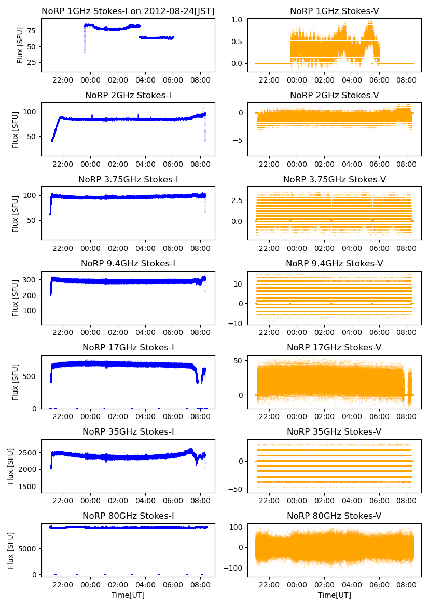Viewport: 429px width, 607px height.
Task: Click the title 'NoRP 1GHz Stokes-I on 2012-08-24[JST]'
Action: coord(128,11)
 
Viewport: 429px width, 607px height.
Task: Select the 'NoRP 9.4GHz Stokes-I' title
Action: coord(128,263)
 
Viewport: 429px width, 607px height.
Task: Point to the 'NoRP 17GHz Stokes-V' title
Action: coord(334,347)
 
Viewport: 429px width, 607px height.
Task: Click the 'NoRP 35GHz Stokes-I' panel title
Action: coord(128,431)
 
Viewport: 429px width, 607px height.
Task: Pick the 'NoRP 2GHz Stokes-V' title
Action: coord(334,95)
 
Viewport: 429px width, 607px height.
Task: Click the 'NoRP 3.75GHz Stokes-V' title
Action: coord(334,179)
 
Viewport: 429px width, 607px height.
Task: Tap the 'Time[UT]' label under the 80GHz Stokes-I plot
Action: coord(128,595)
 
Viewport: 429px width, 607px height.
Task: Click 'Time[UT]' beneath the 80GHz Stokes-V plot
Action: coord(334,595)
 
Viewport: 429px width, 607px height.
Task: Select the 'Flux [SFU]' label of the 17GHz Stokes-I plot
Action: coord(16,382)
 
